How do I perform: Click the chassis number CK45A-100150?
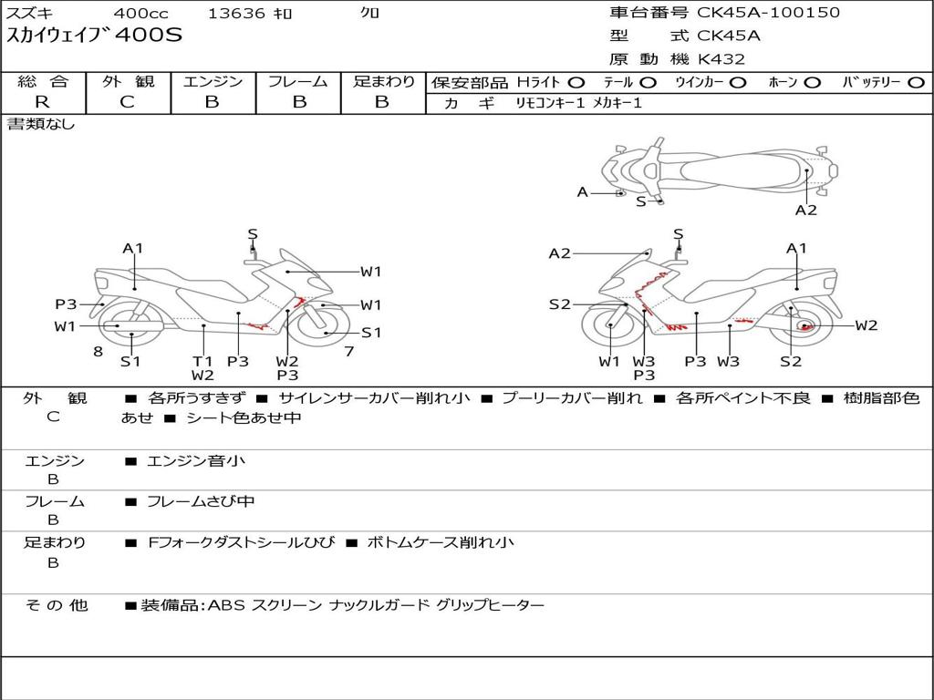pos(769,13)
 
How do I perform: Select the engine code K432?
pos(721,59)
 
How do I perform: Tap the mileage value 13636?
pos(236,13)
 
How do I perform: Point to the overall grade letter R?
pos(43,102)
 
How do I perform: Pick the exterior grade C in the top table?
pos(127,102)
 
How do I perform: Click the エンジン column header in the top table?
pos(213,82)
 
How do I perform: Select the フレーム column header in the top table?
pos(298,82)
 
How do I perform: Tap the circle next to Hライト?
pos(576,83)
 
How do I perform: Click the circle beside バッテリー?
pos(916,83)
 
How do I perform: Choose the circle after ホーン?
pos(812,83)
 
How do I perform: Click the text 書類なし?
pos(41,125)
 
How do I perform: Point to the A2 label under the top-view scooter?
pos(805,211)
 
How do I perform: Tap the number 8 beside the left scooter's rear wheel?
pos(98,351)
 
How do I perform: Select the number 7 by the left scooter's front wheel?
pos(348,351)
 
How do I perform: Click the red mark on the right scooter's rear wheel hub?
pos(805,327)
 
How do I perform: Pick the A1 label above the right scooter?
pos(796,248)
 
